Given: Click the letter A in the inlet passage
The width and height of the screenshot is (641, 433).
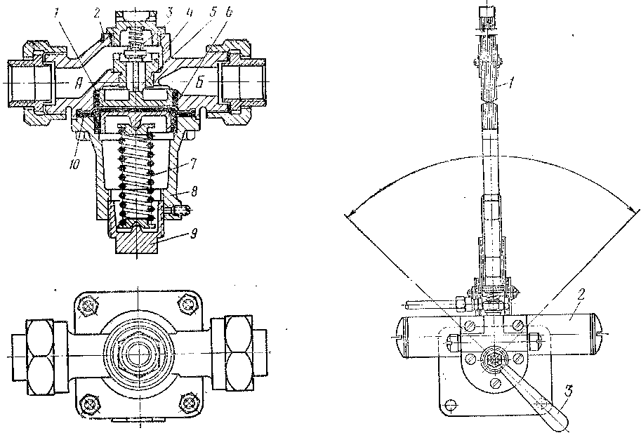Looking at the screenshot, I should [80, 83].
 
